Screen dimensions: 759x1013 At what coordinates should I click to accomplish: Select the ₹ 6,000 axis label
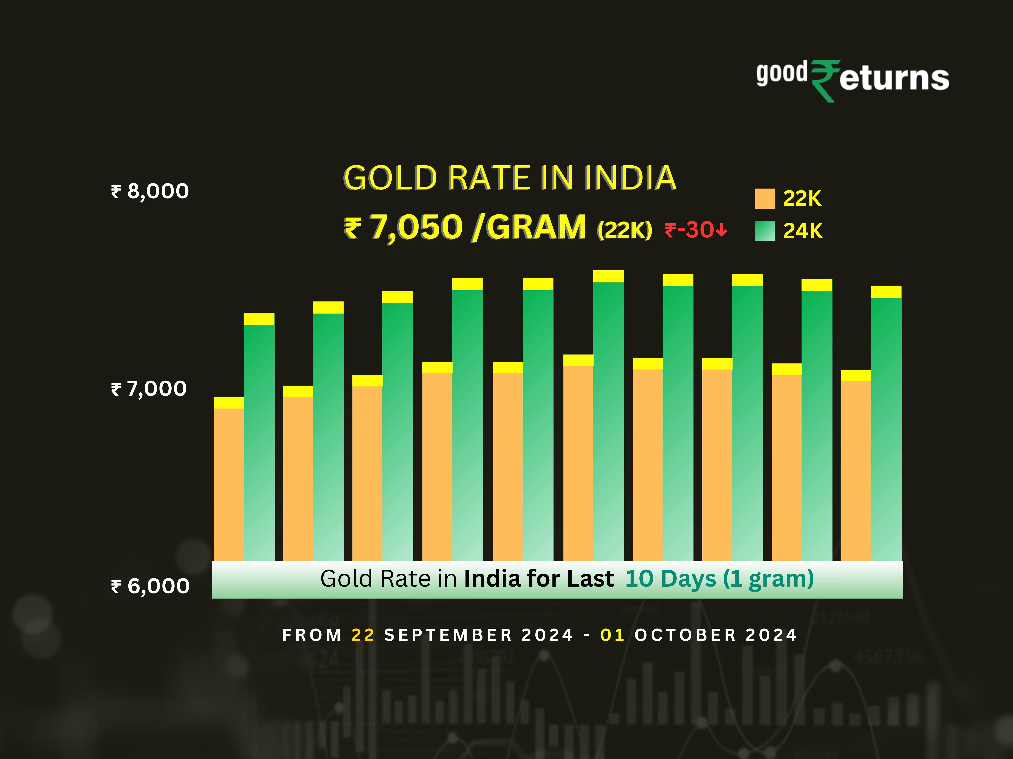click(x=150, y=586)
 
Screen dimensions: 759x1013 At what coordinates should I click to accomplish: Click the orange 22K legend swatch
click(x=765, y=199)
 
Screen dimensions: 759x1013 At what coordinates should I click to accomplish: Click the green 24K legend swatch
click(x=765, y=231)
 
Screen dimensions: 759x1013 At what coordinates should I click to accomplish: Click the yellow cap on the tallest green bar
click(x=608, y=276)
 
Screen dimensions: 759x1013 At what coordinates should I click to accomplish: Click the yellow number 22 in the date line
click(x=363, y=635)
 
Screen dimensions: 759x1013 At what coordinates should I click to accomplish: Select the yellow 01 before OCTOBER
click(x=612, y=635)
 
